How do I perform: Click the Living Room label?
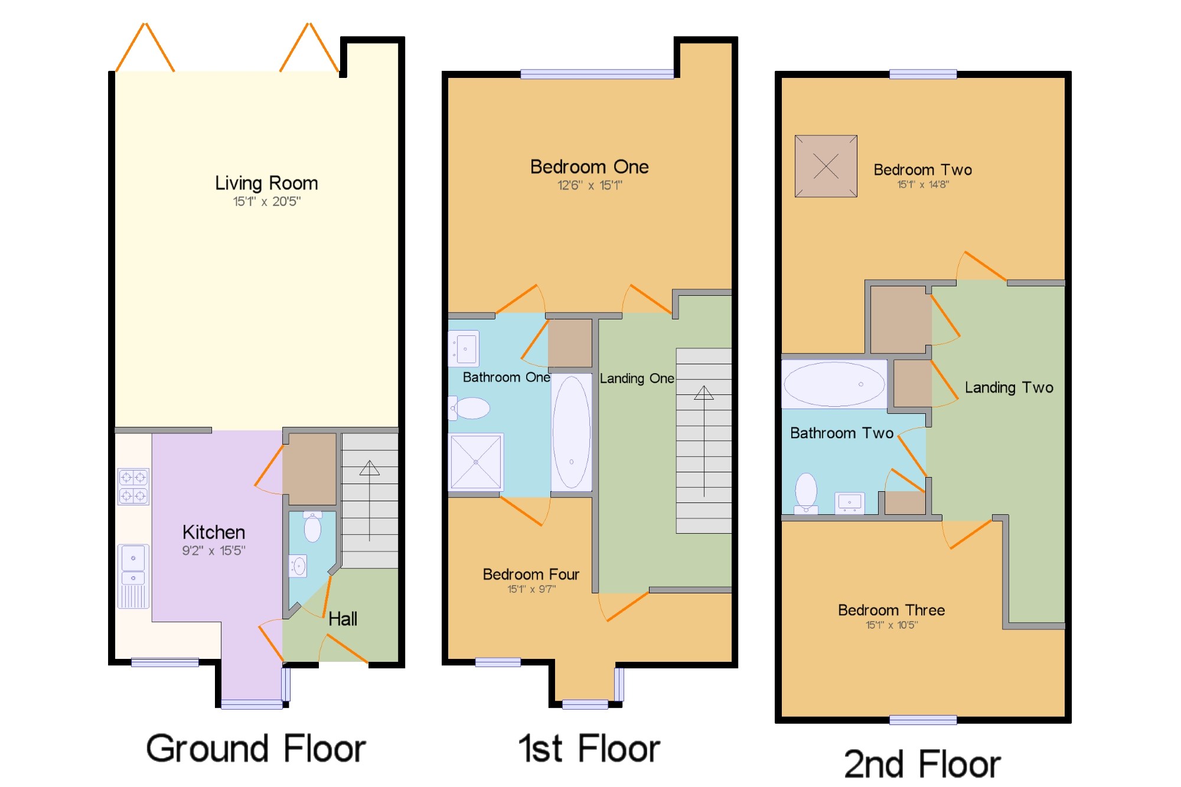pyautogui.click(x=266, y=184)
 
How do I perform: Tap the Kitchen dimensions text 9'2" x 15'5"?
pyautogui.click(x=214, y=551)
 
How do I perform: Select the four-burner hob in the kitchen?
pyautogui.click(x=133, y=486)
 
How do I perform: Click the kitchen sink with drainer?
pyautogui.click(x=133, y=576)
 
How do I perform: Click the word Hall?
pyautogui.click(x=342, y=619)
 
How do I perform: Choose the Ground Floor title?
pyautogui.click(x=256, y=749)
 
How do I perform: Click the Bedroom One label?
pyautogui.click(x=589, y=167)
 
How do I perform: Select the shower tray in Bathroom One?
pyautogui.click(x=476, y=462)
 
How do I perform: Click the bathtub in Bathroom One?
pyautogui.click(x=572, y=432)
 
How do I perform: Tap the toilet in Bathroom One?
pyautogui.click(x=470, y=408)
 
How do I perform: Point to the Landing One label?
pyautogui.click(x=637, y=378)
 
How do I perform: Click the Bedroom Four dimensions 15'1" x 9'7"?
pyautogui.click(x=531, y=589)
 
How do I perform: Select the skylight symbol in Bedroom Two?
pyautogui.click(x=826, y=166)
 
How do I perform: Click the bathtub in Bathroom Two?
pyautogui.click(x=834, y=384)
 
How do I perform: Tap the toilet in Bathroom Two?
pyautogui.click(x=806, y=494)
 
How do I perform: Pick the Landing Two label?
pyautogui.click(x=1009, y=388)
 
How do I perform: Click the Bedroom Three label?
pyautogui.click(x=892, y=610)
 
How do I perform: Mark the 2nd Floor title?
pyautogui.click(x=922, y=764)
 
